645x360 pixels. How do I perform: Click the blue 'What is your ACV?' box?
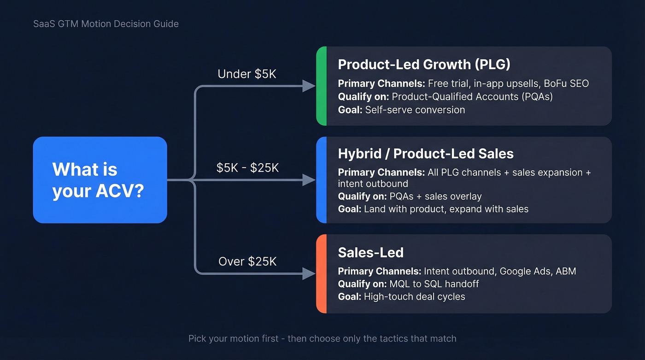[100, 180]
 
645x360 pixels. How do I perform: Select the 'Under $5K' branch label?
[247, 74]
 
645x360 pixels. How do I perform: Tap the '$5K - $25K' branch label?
[247, 168]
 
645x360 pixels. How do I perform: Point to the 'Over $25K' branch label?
[247, 262]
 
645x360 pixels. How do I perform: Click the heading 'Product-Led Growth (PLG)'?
[424, 65]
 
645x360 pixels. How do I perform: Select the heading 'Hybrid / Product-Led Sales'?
[425, 154]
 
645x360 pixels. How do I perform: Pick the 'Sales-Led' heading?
[370, 253]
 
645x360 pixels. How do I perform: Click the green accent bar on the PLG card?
[322, 86]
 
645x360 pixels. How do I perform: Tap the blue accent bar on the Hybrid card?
[322, 180]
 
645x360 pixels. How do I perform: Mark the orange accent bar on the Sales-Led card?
[322, 274]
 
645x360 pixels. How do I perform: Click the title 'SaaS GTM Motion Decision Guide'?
[106, 24]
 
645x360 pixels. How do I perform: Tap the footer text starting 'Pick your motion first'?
[322, 338]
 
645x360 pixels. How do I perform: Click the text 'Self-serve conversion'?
[415, 110]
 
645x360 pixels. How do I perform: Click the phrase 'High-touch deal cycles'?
[414, 296]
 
